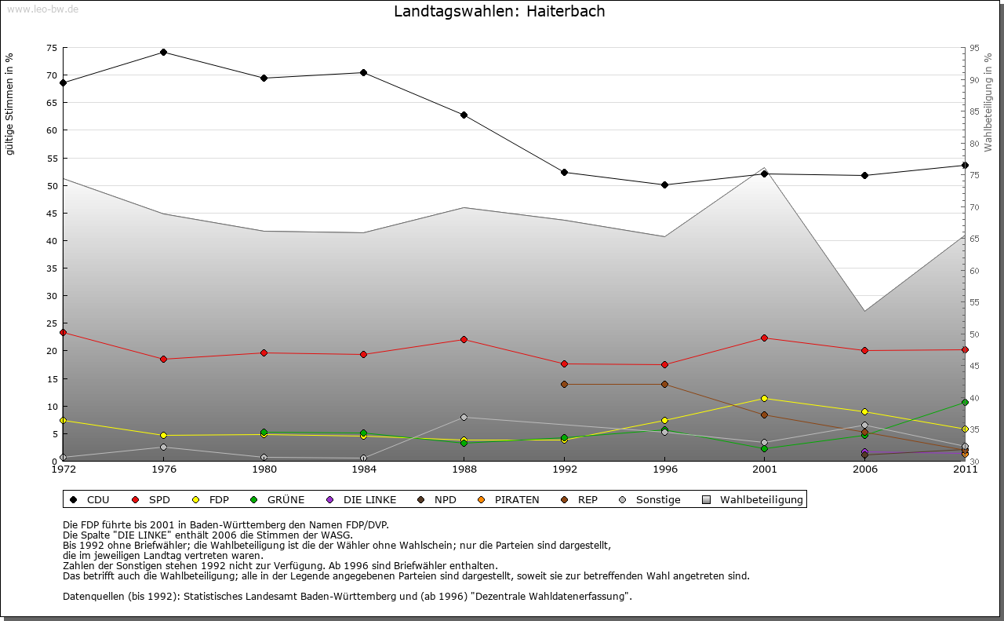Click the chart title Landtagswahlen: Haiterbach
[499, 12]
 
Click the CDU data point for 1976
[163, 53]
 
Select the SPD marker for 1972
[63, 332]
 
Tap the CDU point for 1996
[664, 185]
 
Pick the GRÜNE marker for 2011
[965, 403]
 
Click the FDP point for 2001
[764, 398]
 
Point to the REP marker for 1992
[564, 384]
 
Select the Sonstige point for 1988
[464, 417]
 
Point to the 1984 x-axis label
[363, 470]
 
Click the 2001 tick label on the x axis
[764, 470]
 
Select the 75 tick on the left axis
[52, 48]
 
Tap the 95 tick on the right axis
[974, 48]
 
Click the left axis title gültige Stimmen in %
[10, 104]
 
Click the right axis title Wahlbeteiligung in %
[988, 102]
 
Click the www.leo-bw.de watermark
[42, 9]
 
